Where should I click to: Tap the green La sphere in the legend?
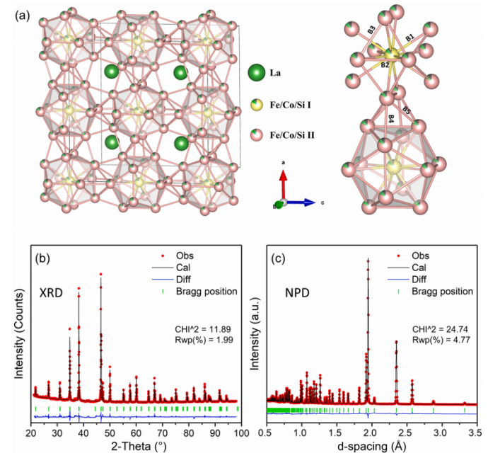tap(257, 73)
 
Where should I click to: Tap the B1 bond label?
tap(409, 37)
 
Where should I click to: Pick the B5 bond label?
tap(407, 110)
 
